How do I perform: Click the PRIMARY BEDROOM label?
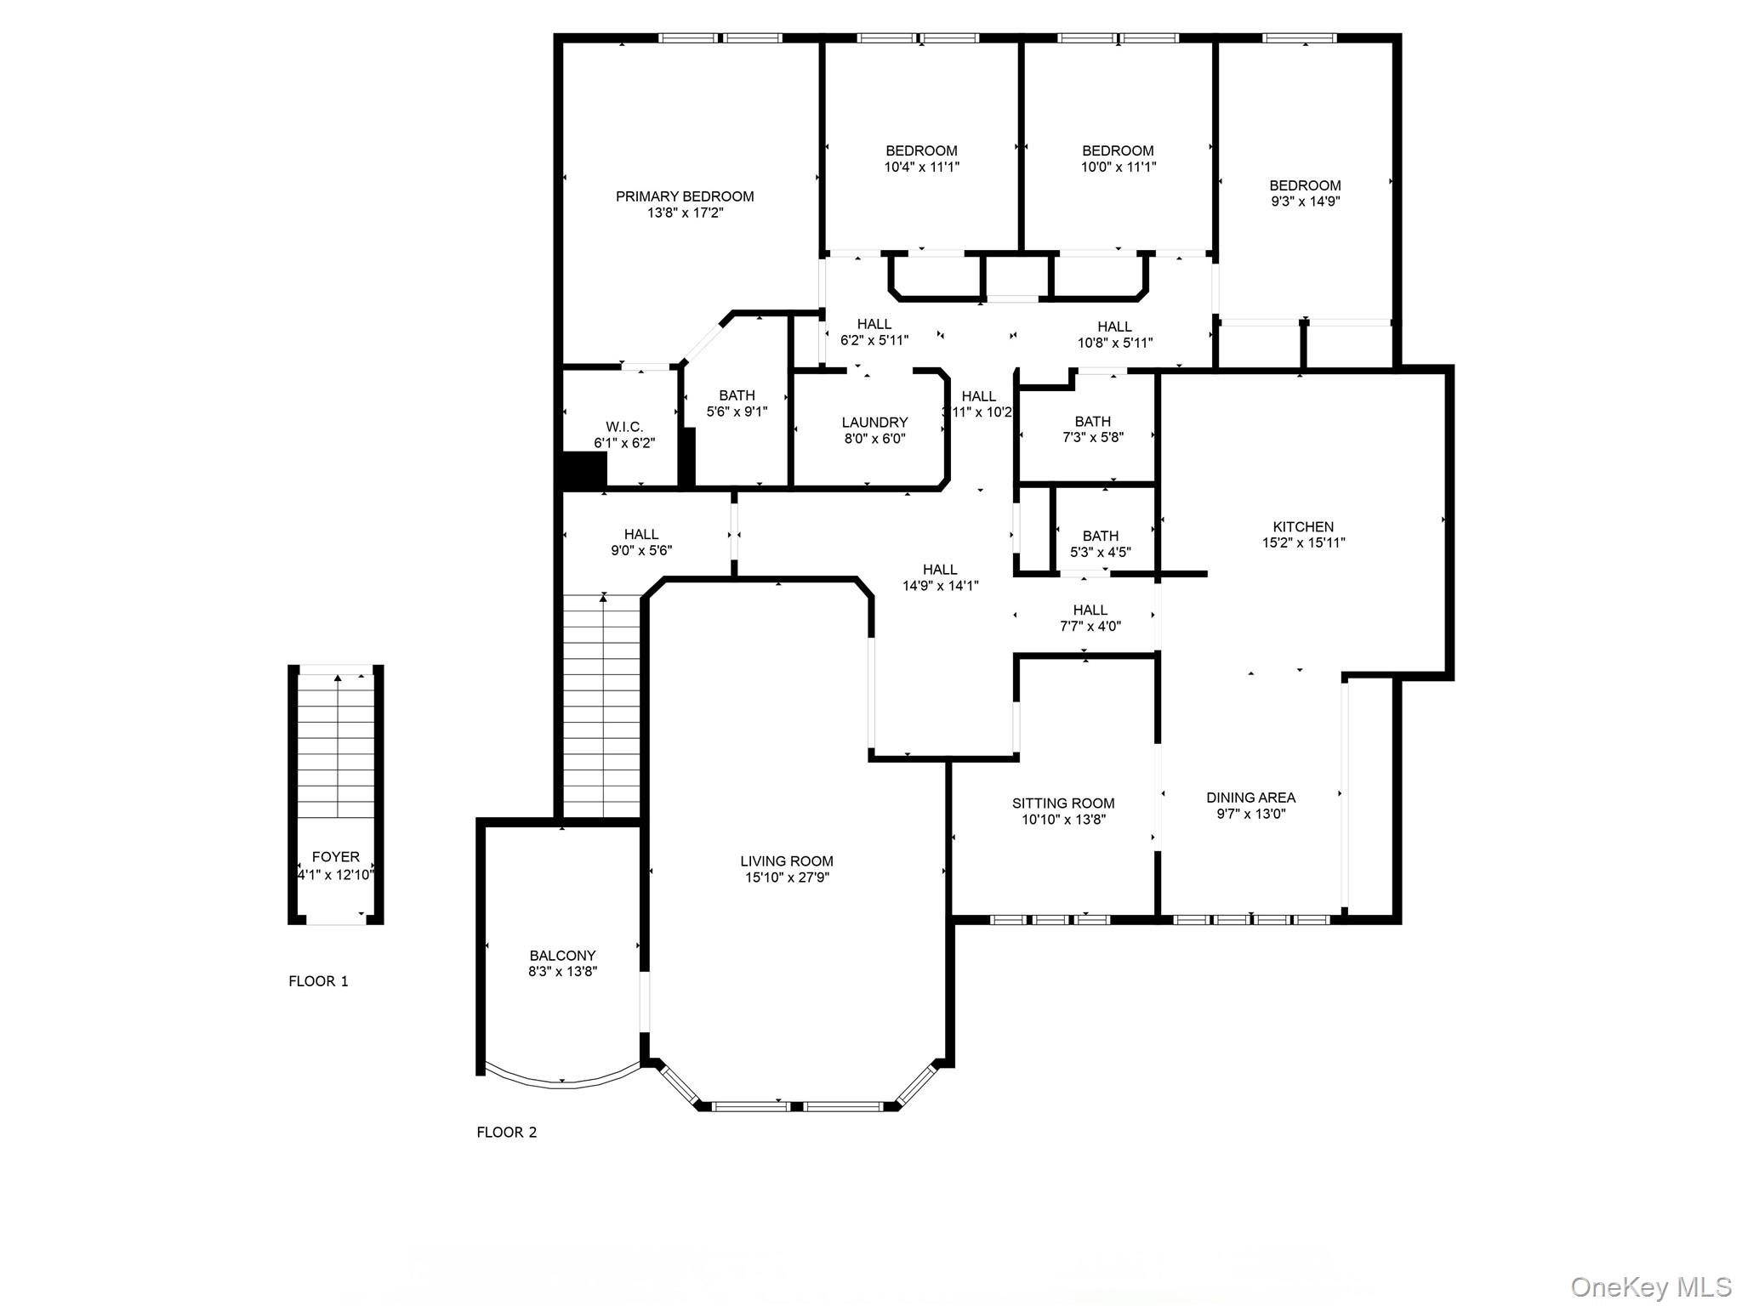[x=685, y=196]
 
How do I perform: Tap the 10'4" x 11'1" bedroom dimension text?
[x=921, y=168]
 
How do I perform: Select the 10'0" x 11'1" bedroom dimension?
[x=1118, y=168]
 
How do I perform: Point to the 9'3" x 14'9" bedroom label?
[x=1305, y=185]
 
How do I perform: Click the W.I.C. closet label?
[x=624, y=427]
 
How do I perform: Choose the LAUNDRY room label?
[x=874, y=423]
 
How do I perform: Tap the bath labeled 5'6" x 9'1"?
[x=737, y=403]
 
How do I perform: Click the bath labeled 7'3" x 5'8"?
[x=1092, y=429]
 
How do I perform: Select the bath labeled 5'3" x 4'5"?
[x=1100, y=544]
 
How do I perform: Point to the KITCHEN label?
[x=1303, y=527]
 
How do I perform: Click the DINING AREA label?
[x=1250, y=798]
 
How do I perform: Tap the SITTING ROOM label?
[x=1063, y=803]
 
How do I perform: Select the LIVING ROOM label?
[x=787, y=861]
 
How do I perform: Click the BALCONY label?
[x=562, y=956]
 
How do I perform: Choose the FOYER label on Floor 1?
[x=336, y=857]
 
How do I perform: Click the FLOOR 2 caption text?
[x=507, y=1133]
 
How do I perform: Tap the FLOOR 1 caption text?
[x=318, y=981]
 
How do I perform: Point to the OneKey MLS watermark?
[x=1650, y=1286]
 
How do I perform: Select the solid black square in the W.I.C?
[x=584, y=469]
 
